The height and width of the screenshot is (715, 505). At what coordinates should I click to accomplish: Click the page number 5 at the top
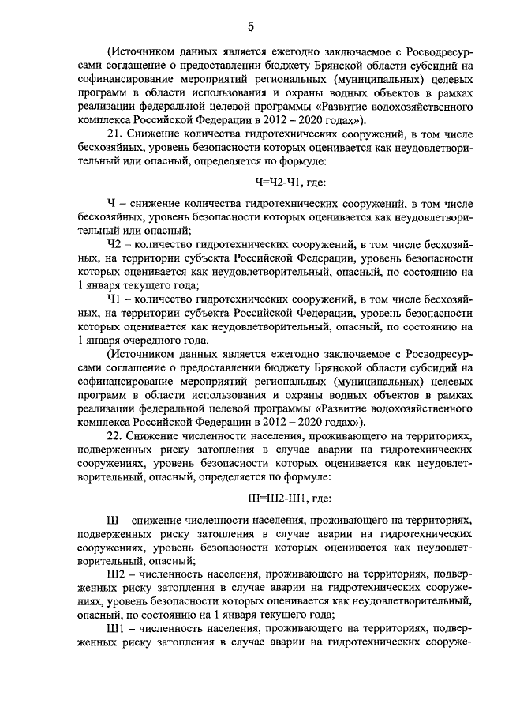coord(250,27)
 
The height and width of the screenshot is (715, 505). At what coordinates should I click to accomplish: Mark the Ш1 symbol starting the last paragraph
coord(115,629)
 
